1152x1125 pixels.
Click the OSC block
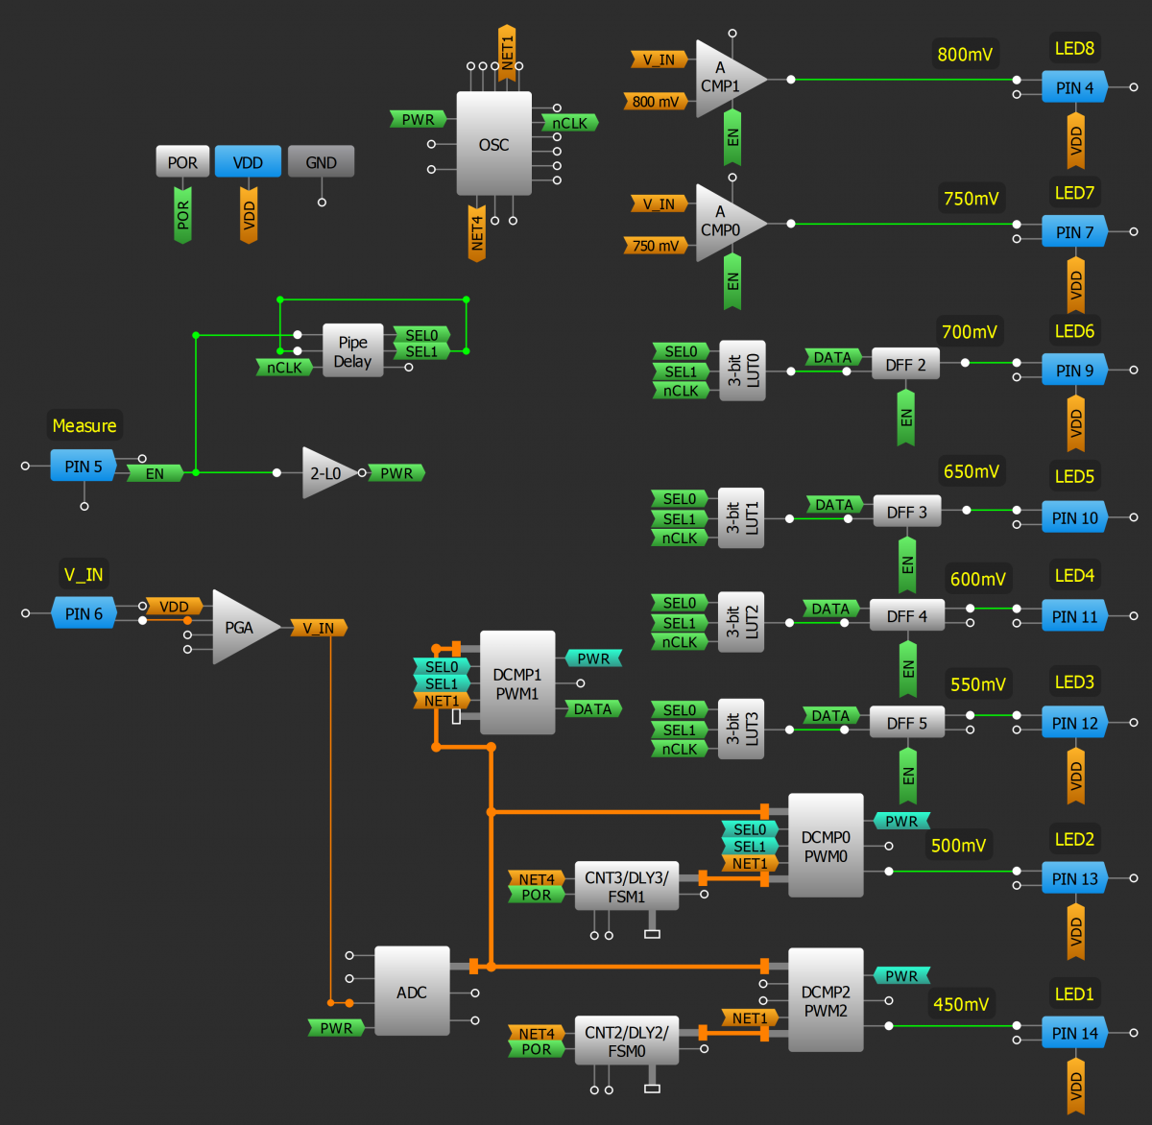493,144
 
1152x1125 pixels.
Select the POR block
182,162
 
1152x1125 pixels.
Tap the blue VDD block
248,162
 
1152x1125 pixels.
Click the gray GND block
321,162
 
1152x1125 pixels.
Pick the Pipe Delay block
352,351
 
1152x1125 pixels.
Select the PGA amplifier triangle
240,627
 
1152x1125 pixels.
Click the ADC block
412,992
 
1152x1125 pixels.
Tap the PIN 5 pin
84,467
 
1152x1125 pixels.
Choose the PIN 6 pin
84,613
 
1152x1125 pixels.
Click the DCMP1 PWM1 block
517,682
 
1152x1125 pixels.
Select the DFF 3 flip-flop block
906,513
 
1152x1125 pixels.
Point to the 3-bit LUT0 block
742,371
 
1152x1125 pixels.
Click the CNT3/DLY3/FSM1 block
626,886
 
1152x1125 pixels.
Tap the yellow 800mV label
965,55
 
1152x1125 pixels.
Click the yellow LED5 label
1074,476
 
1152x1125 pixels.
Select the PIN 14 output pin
1074,1034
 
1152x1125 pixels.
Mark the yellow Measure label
84,425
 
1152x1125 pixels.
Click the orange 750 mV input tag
655,246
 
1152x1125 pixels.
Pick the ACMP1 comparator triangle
725,79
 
